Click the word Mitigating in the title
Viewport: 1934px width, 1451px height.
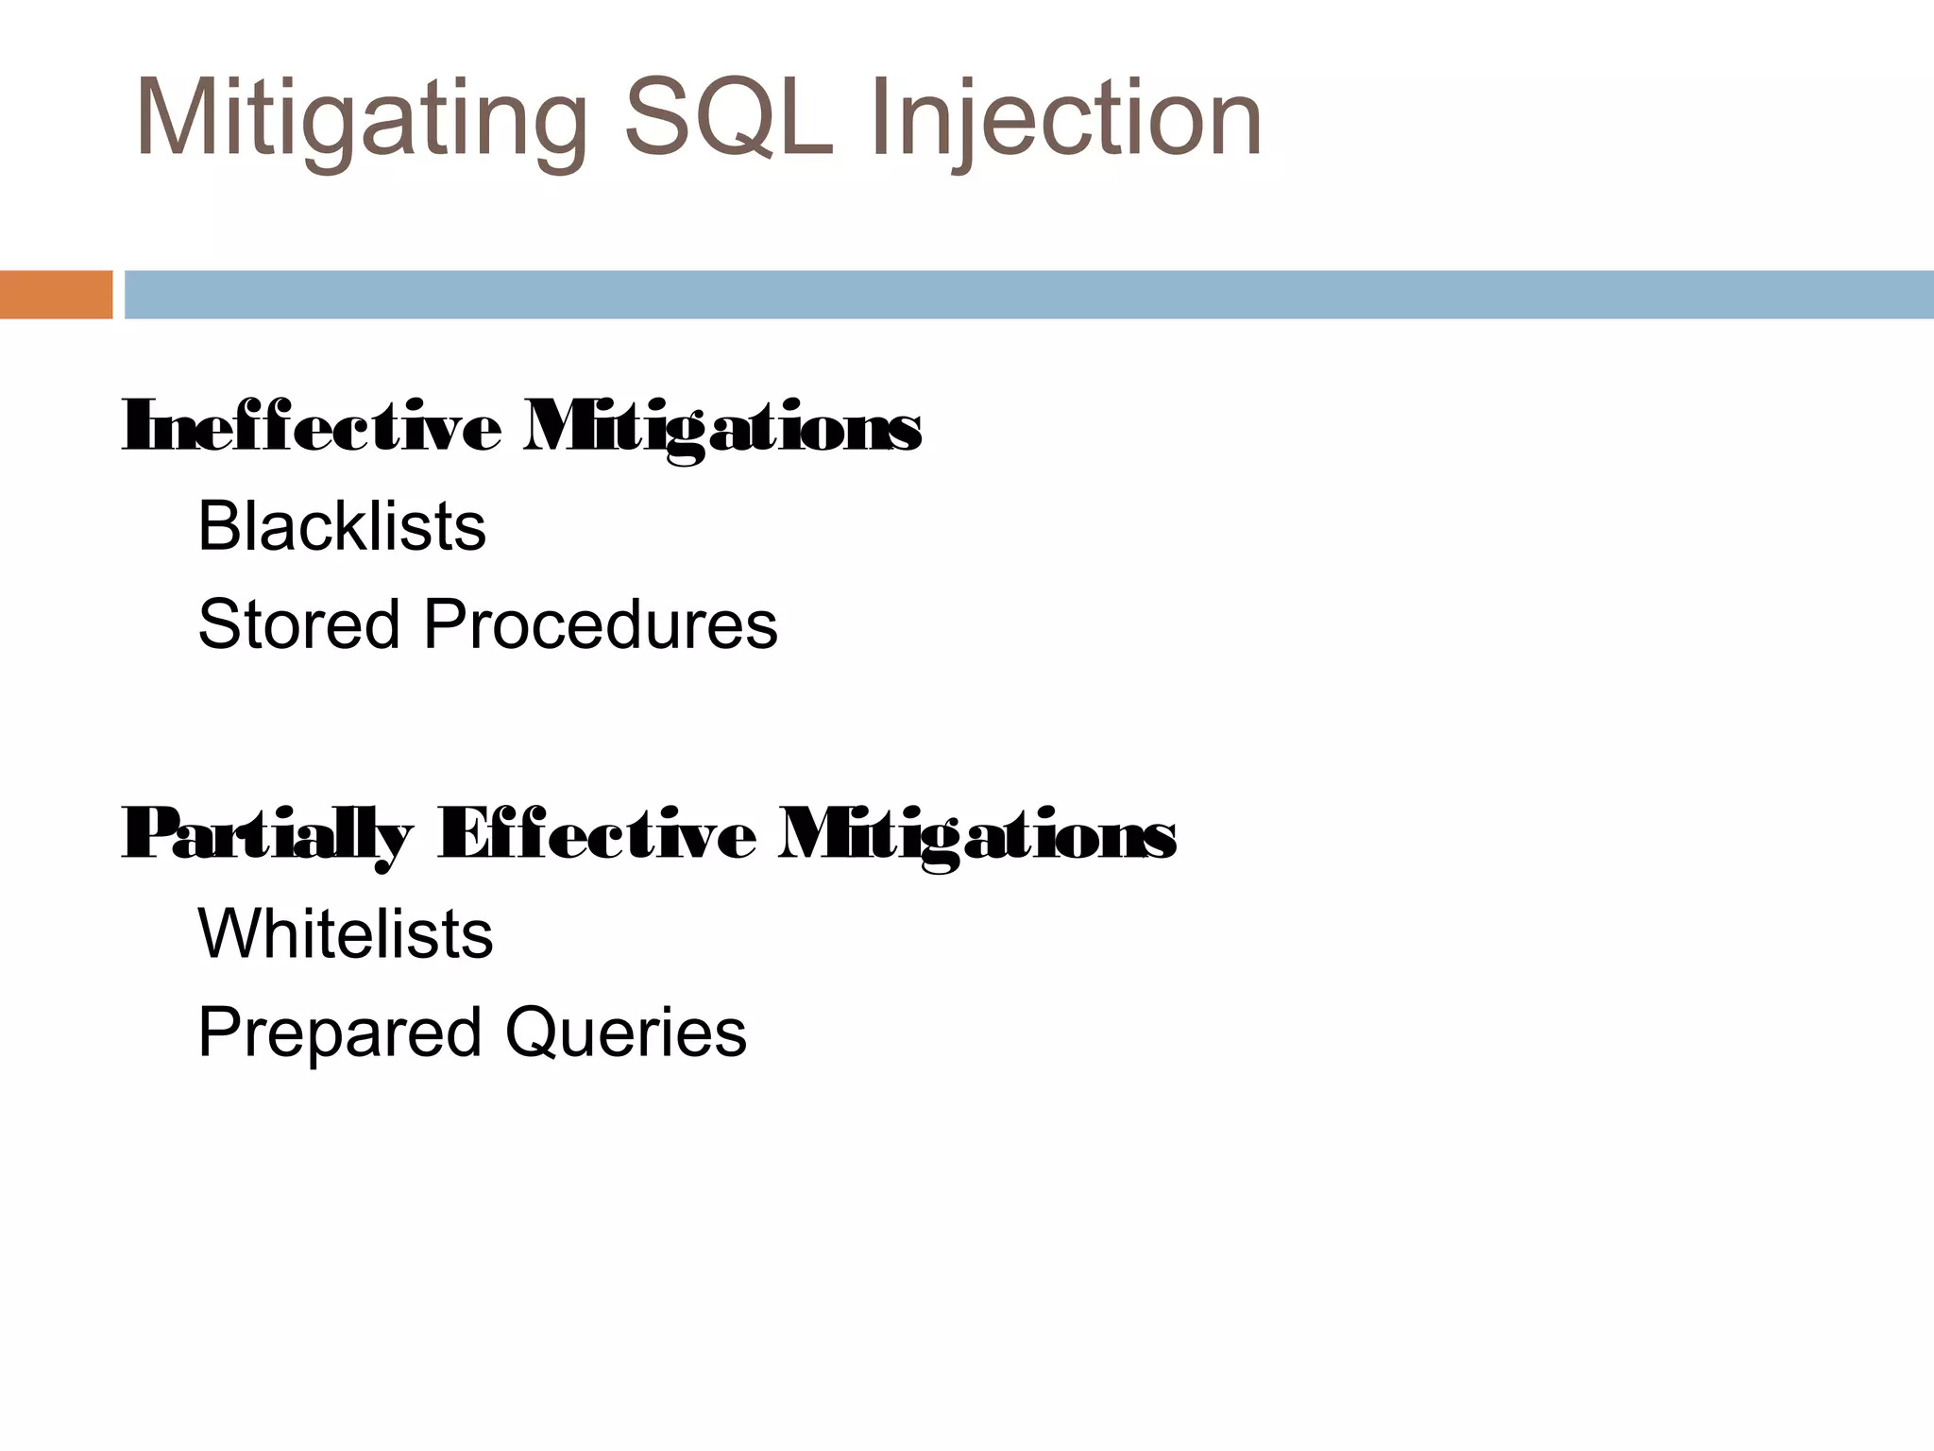tap(362, 121)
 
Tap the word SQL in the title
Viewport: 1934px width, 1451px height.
tap(728, 119)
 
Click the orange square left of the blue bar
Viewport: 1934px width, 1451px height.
tap(56, 295)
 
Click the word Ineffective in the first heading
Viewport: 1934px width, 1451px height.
tap(312, 428)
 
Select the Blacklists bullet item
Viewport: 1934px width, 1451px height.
tap(342, 526)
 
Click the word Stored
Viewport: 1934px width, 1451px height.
tap(298, 624)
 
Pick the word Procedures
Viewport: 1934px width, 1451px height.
tap(600, 624)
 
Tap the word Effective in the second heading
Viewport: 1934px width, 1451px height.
tap(597, 835)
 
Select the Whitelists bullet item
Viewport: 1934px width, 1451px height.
tap(345, 934)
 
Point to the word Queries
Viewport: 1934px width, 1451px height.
tap(625, 1033)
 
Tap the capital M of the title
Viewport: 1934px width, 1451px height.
tap(178, 119)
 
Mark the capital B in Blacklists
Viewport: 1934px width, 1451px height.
tap(219, 526)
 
